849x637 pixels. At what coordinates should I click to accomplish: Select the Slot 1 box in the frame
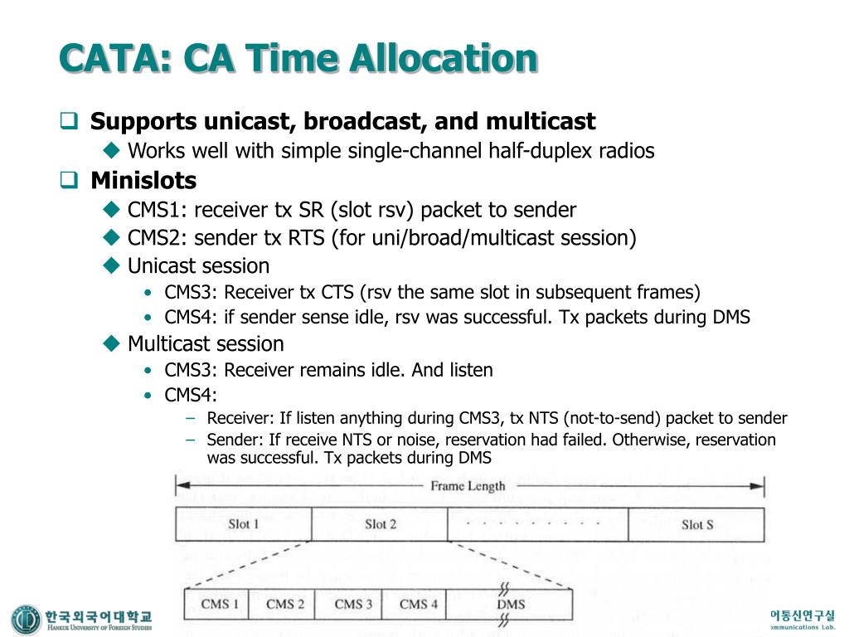pyautogui.click(x=243, y=524)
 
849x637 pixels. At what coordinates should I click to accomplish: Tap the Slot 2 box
pyautogui.click(x=380, y=524)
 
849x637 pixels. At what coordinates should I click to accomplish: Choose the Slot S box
pyautogui.click(x=696, y=524)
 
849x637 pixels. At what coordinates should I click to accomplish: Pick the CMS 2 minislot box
pyautogui.click(x=285, y=604)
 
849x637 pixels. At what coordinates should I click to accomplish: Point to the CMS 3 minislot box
pyautogui.click(x=353, y=604)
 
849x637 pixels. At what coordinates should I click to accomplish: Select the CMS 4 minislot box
pyautogui.click(x=418, y=604)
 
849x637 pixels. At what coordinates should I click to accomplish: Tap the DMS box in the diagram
pyautogui.click(x=511, y=604)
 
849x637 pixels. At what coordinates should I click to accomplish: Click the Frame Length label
pyautogui.click(x=468, y=486)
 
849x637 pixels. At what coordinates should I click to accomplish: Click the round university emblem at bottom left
pyautogui.click(x=26, y=620)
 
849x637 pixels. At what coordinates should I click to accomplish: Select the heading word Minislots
pyautogui.click(x=143, y=180)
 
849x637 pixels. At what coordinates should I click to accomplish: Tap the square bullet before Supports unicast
pyautogui.click(x=70, y=123)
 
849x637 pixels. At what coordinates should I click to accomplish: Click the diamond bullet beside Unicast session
pyautogui.click(x=112, y=266)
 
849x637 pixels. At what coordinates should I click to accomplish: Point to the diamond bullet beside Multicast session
pyautogui.click(x=112, y=343)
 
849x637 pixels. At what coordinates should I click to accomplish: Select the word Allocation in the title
pyautogui.click(x=444, y=58)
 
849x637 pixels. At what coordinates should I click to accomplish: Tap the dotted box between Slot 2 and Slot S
pyautogui.click(x=537, y=524)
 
